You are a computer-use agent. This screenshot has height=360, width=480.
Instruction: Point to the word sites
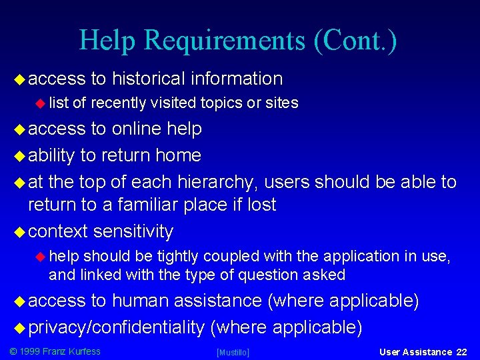[282, 103]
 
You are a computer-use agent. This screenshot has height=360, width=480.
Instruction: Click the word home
[178, 155]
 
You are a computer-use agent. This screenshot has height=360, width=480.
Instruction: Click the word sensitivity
[133, 231]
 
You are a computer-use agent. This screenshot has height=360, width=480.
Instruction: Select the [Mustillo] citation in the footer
[233, 352]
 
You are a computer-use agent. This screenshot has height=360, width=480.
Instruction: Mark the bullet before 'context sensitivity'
[19, 232]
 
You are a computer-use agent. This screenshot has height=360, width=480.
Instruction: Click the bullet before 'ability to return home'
[19, 156]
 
